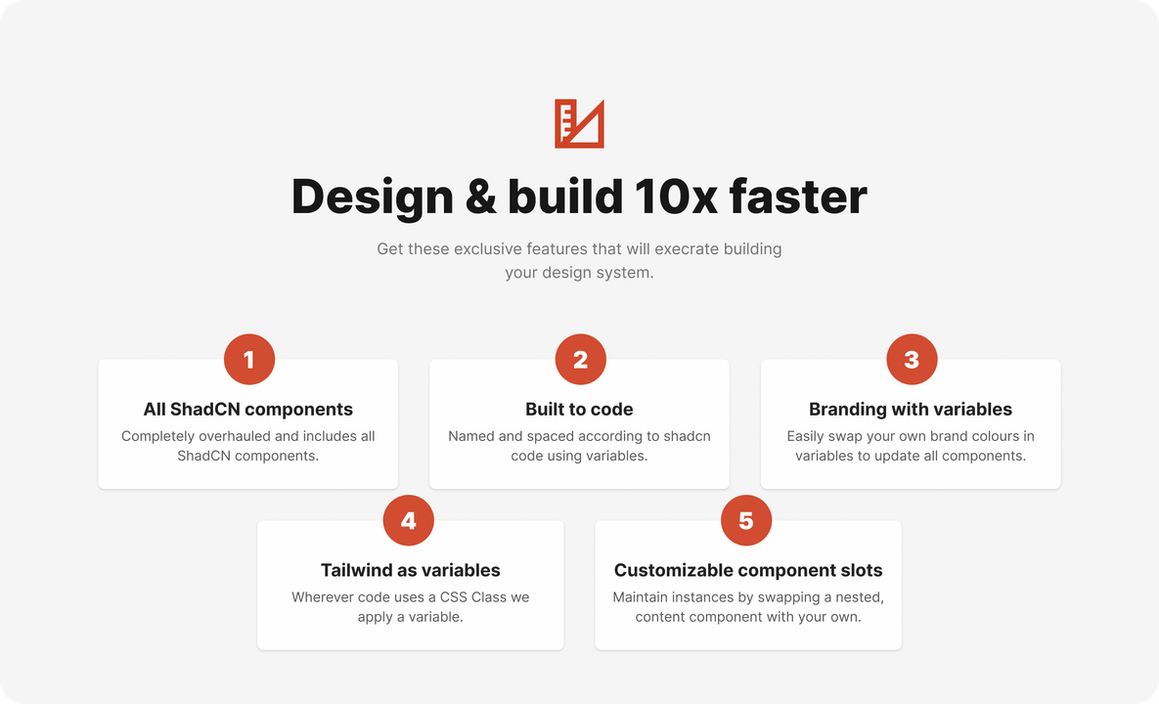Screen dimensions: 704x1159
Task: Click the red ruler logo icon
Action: pos(579,124)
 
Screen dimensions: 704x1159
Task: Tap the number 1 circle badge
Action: pos(248,360)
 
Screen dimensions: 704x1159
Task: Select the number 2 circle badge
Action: pos(580,360)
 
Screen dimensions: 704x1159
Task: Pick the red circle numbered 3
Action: pos(912,360)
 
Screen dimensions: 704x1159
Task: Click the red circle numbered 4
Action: pos(408,521)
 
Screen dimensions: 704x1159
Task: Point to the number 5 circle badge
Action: pos(746,521)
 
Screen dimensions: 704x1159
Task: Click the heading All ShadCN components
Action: pos(248,410)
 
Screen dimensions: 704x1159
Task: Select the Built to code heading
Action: pos(579,410)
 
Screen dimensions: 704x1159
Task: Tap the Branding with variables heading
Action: pos(911,410)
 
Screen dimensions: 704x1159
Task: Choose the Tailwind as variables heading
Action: pos(410,570)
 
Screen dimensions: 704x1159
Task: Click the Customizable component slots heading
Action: pos(748,570)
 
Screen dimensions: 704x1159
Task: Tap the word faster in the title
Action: pos(798,197)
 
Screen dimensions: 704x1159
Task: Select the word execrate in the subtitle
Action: pos(682,249)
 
